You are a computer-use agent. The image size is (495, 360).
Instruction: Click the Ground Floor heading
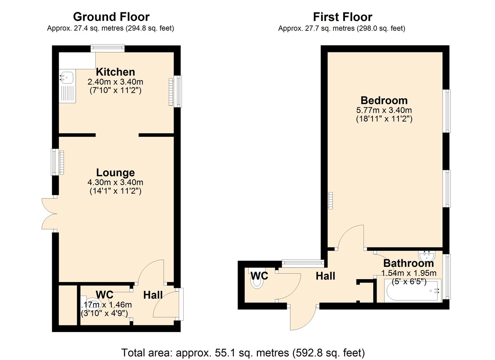[111, 17]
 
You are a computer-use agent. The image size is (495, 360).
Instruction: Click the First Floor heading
[342, 17]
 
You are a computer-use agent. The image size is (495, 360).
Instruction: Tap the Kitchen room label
[115, 72]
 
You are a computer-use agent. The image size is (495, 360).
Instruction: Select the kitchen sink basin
[66, 78]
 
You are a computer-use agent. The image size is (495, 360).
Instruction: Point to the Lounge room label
[115, 172]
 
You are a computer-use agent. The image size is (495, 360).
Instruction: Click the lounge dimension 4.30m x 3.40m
[115, 182]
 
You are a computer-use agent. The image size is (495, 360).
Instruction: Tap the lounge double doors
[49, 214]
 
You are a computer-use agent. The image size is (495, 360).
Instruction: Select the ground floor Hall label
[153, 295]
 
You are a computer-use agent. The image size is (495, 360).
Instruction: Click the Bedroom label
[384, 101]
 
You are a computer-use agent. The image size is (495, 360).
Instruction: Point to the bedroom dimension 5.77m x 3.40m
[384, 110]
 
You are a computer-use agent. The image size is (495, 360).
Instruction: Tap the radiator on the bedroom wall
[330, 200]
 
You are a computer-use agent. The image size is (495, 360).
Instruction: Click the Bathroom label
[409, 263]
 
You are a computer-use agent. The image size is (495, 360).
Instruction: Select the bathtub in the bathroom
[413, 290]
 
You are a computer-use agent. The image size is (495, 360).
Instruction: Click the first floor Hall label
[325, 276]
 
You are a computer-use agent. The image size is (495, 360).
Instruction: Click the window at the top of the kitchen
[108, 48]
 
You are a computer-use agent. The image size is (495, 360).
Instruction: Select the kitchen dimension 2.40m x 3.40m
[115, 82]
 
